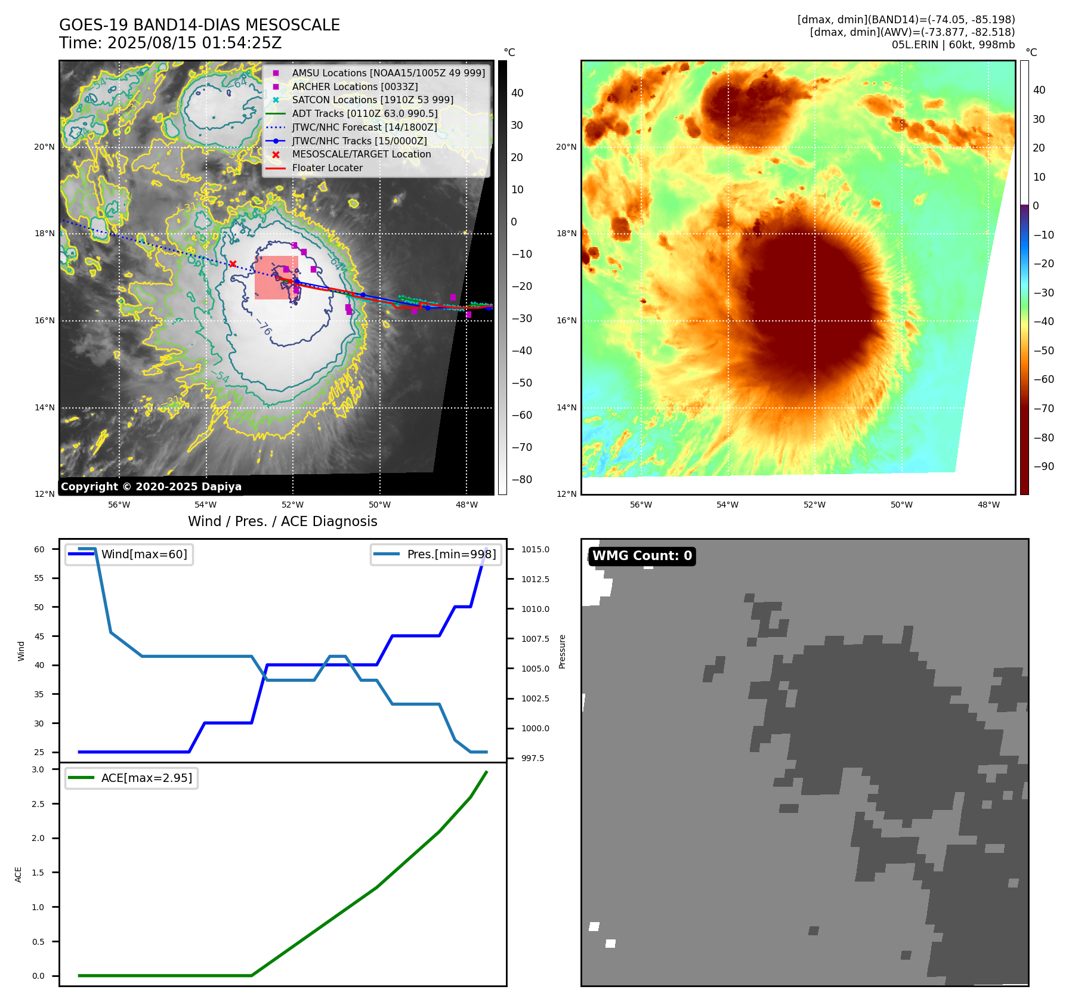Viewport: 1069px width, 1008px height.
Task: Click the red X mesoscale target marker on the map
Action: [233, 264]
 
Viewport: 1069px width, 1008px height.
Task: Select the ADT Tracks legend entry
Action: [364, 113]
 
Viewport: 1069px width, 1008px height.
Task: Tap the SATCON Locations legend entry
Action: [372, 100]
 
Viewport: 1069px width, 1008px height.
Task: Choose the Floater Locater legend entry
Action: [327, 168]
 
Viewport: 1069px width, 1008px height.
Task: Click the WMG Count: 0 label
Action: [642, 556]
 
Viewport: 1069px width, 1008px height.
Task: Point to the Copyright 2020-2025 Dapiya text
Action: [151, 487]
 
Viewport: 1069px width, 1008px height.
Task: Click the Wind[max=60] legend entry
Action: [144, 554]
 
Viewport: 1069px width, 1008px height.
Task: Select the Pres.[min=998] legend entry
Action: [451, 554]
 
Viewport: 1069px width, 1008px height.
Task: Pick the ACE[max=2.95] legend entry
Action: [146, 778]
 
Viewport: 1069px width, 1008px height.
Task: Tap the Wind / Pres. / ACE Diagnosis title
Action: [282, 521]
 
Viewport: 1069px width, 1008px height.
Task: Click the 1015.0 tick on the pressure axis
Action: [535, 549]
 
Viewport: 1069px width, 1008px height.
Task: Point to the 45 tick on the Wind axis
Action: [39, 636]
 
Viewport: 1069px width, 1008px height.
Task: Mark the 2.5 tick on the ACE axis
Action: [38, 804]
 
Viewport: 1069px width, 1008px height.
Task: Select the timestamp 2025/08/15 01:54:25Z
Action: [194, 44]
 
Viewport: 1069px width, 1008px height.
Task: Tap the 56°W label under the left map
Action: [119, 505]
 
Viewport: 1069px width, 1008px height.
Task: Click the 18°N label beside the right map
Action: [566, 233]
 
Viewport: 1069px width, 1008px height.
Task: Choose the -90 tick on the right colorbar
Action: [1043, 466]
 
